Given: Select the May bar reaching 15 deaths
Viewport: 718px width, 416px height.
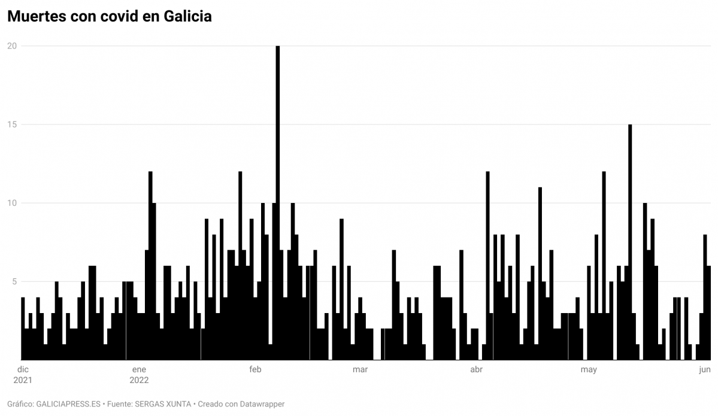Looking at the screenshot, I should (630, 239).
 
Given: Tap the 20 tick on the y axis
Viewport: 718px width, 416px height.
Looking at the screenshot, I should (11, 46).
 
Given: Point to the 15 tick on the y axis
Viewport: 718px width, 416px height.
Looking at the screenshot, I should (11, 125).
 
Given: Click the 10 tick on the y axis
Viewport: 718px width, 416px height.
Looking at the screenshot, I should (11, 203).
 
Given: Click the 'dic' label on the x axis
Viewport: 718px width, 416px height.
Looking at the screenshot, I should (23, 369).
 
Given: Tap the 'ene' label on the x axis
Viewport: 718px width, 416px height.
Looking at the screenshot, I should (138, 369).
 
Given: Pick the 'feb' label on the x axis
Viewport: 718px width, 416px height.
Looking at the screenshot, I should (255, 369).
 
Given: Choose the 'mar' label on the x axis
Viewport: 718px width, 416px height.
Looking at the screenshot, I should (360, 369).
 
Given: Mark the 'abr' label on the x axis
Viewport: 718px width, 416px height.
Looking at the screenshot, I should (477, 369).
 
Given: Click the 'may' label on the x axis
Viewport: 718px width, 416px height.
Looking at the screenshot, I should (589, 369).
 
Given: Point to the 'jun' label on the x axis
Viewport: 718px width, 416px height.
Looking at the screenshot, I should (705, 369).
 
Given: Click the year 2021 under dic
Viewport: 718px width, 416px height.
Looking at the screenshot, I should (23, 379).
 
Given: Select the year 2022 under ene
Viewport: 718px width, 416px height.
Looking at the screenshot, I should (138, 379).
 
